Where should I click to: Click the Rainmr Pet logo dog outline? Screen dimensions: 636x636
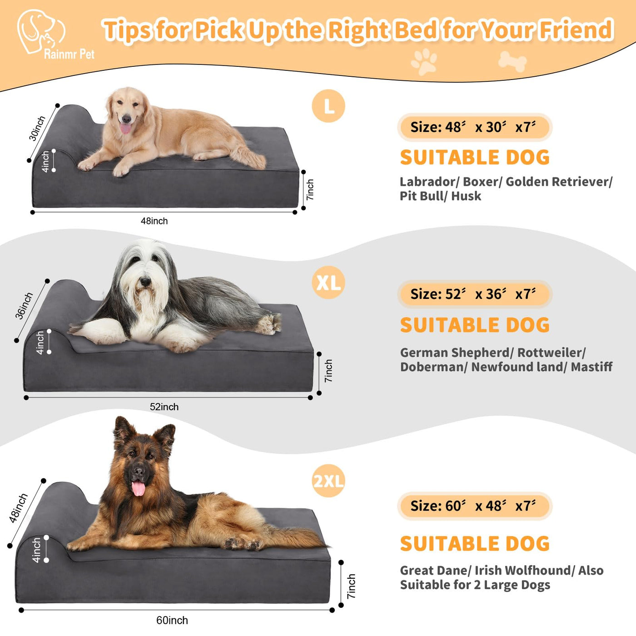click(x=40, y=31)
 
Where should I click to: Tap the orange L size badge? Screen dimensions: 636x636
click(x=328, y=105)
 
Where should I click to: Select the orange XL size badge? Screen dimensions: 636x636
click(x=328, y=282)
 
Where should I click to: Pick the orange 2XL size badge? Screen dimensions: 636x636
click(x=328, y=481)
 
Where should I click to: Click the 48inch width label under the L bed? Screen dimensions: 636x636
click(x=154, y=221)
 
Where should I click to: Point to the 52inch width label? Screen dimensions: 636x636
click(x=164, y=407)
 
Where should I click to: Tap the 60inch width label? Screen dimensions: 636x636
click(x=172, y=620)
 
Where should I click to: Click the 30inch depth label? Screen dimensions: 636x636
click(x=37, y=128)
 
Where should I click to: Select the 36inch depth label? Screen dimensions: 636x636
click(x=24, y=306)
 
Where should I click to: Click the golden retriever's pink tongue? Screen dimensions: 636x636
click(x=125, y=128)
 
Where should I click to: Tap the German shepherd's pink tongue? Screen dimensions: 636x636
click(x=138, y=488)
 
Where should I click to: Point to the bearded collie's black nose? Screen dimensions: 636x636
click(x=145, y=281)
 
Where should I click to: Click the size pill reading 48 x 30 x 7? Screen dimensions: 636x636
click(x=475, y=127)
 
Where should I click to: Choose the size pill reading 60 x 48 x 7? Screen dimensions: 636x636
click(x=475, y=506)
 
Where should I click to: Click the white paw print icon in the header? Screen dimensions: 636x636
click(x=424, y=62)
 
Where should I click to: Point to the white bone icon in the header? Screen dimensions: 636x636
click(x=512, y=61)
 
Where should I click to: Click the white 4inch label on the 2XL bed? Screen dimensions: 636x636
click(x=36, y=550)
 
